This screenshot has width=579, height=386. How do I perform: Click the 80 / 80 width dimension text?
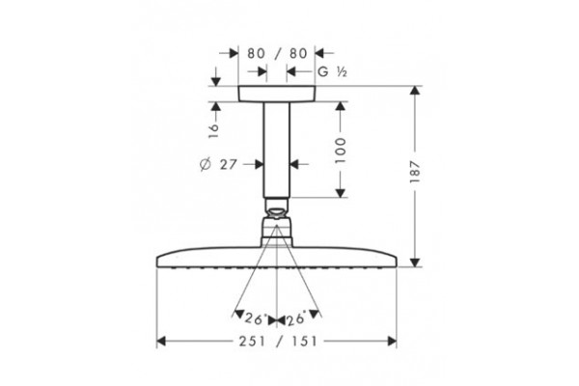pyautogui.click(x=277, y=54)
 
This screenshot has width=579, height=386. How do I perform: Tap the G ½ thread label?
pyautogui.click(x=332, y=71)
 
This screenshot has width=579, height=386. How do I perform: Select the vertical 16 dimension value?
pyautogui.click(x=213, y=131)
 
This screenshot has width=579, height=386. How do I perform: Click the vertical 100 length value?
pyautogui.click(x=341, y=151)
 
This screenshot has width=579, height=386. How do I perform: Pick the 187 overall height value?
pyautogui.click(x=415, y=172)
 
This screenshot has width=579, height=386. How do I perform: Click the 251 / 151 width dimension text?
pyautogui.click(x=278, y=342)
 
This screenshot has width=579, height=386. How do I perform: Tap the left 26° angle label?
pyautogui.click(x=256, y=318)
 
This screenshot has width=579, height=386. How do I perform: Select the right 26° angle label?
pyautogui.click(x=296, y=318)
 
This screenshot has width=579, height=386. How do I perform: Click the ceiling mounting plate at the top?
pyautogui.click(x=277, y=94)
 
